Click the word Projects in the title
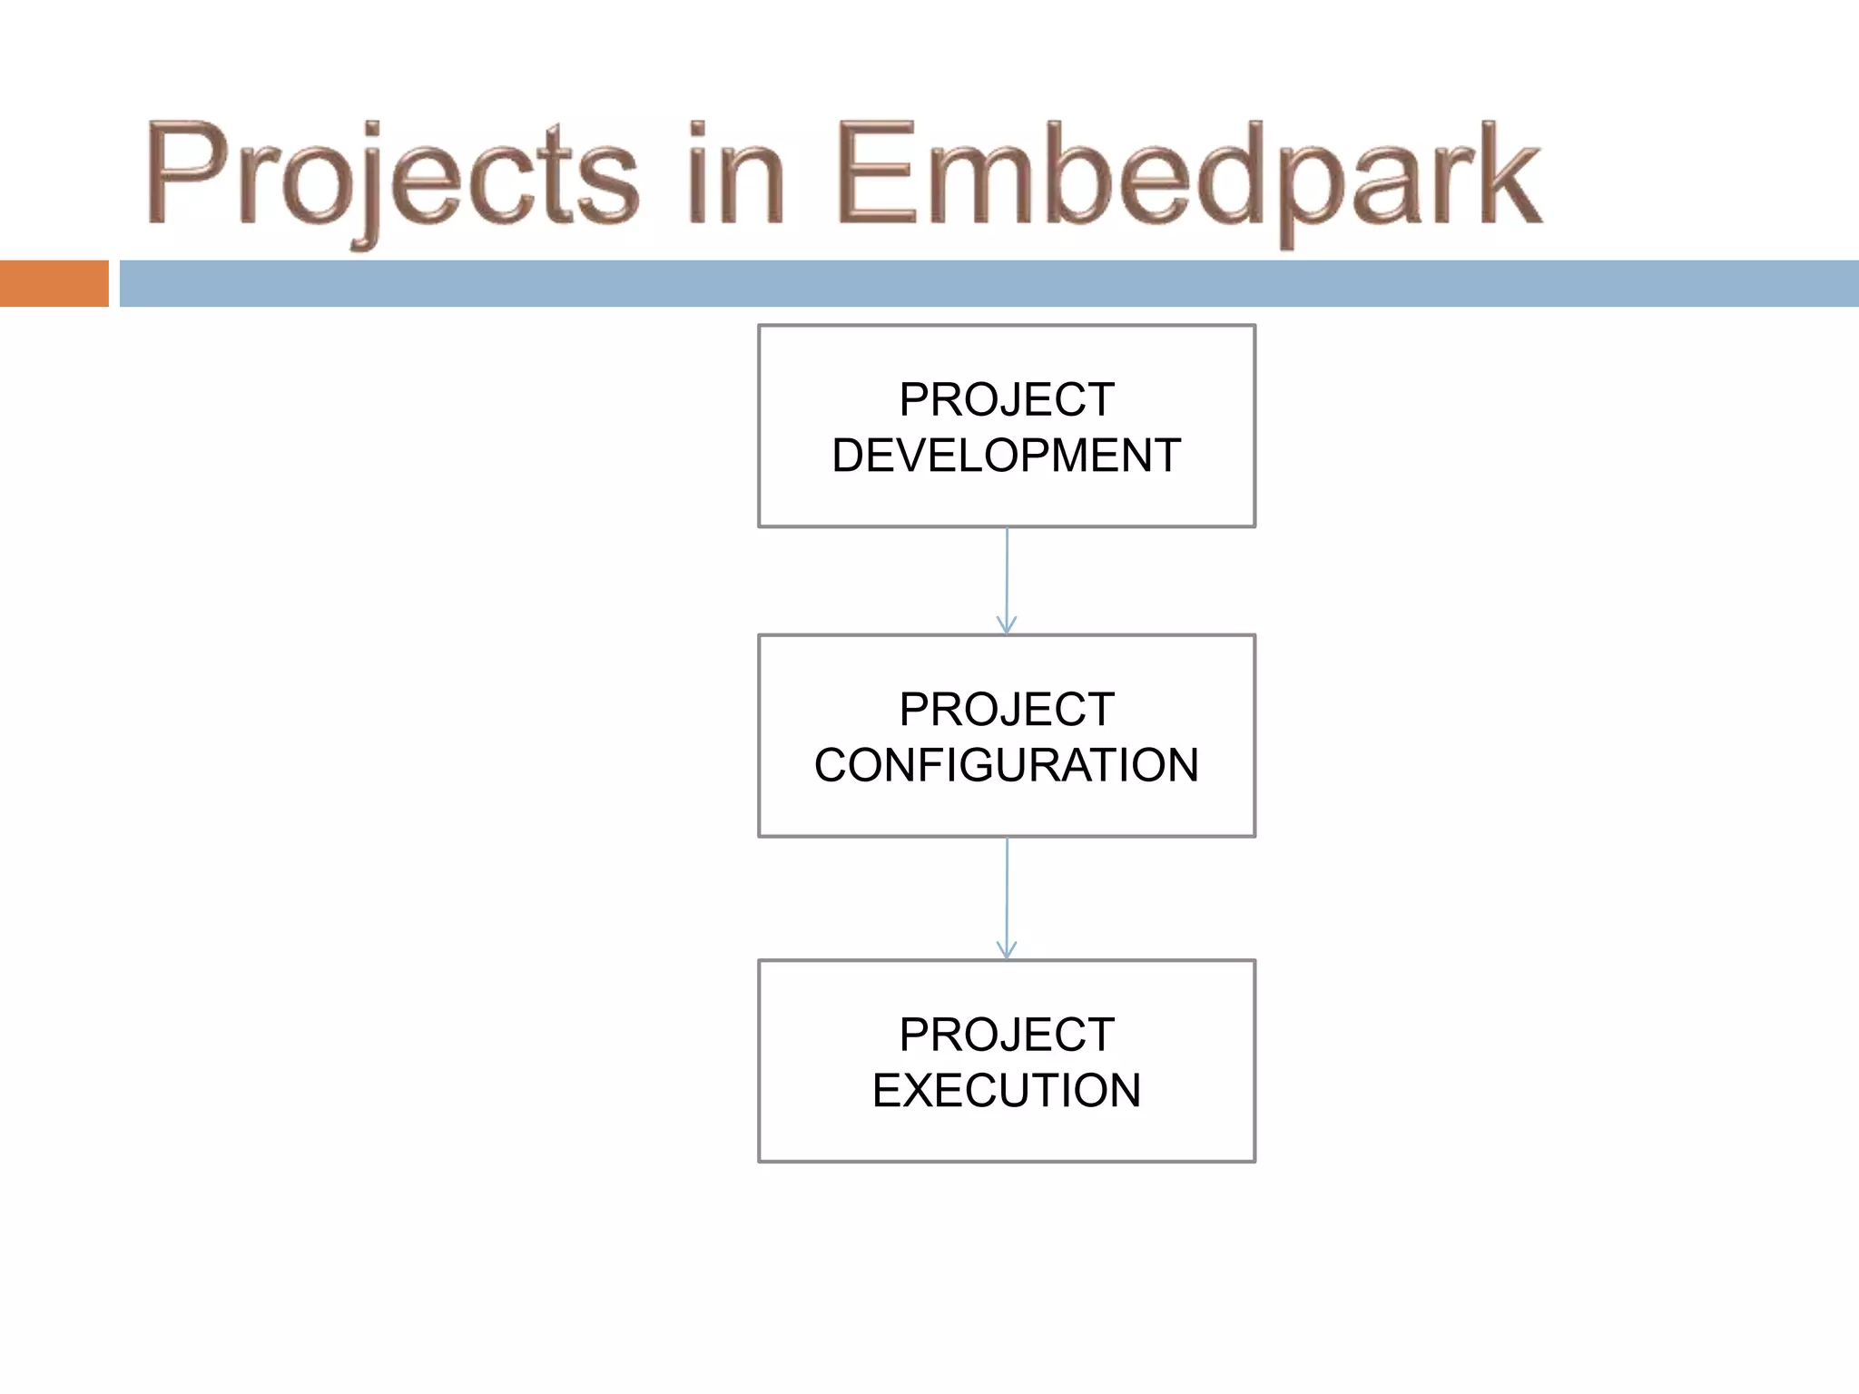point(392,174)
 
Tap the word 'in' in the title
point(735,174)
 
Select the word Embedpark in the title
point(1187,174)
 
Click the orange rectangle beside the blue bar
point(54,283)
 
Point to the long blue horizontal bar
point(988,283)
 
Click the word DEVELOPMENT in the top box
point(1006,456)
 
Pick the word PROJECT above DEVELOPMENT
point(1006,399)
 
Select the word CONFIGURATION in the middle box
point(1006,765)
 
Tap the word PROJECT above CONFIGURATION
point(1006,709)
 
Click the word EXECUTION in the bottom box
point(1006,1090)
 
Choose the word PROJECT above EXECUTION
point(1006,1035)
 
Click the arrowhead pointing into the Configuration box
point(1006,626)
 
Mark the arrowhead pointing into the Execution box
point(1006,951)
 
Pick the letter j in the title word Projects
point(368,186)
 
